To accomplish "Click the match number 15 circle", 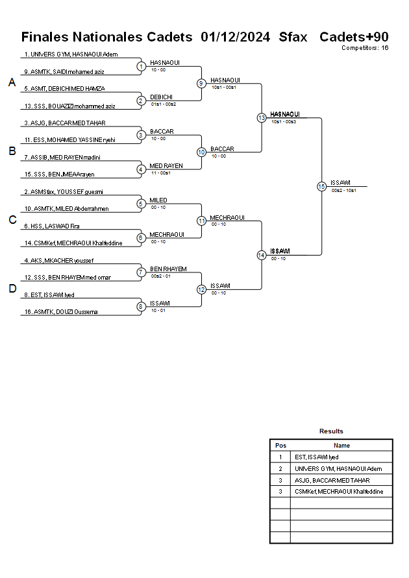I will (321, 186).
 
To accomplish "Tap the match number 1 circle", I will (141, 66).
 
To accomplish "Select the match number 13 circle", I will (261, 118).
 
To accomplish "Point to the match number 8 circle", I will (141, 307).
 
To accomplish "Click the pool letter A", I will (12, 82).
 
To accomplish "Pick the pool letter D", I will (12, 289).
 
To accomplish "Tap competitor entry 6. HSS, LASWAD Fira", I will (52, 226).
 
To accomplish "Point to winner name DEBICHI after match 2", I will (161, 97).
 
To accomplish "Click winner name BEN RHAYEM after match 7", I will (168, 269).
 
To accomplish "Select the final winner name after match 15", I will (341, 182).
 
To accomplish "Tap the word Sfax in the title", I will (293, 36).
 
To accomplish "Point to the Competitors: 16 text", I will (365, 48).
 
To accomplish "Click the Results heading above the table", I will (331, 431).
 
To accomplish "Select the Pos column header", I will (280, 446).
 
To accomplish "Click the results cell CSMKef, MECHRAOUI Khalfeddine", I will (339, 492).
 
